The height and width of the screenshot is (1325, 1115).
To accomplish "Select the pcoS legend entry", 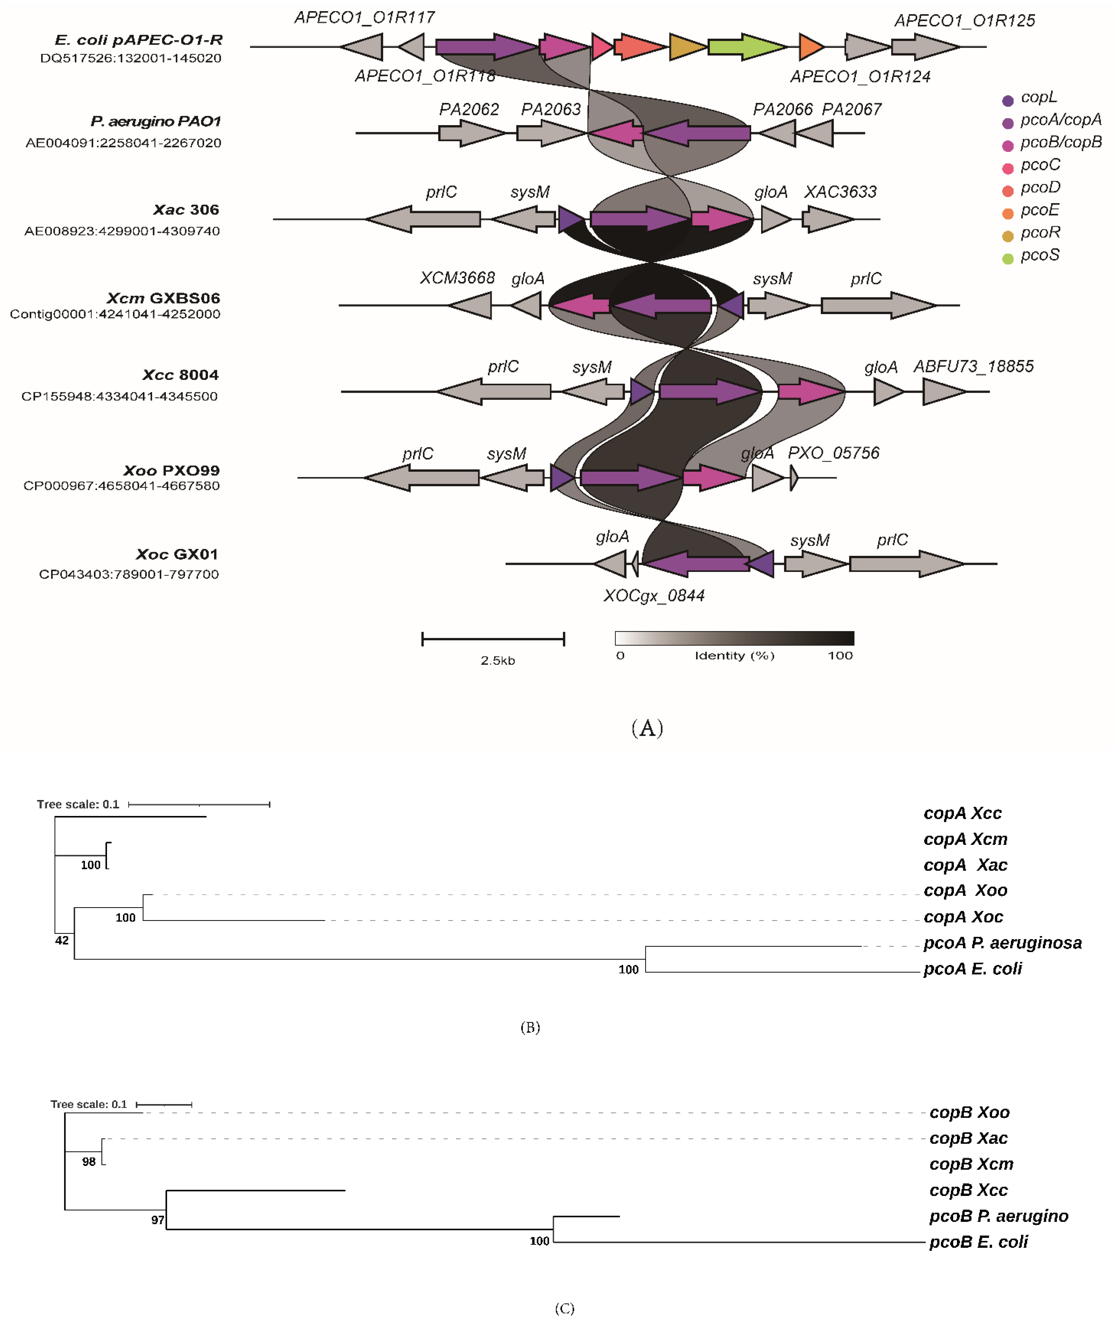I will coord(1040,255).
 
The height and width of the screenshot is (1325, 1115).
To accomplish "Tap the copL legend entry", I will coord(1038,97).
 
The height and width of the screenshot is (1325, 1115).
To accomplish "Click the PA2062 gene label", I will coord(469,109).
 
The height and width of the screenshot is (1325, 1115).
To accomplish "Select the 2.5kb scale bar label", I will coord(497,661).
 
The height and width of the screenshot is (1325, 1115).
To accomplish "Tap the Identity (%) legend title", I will coord(735,655).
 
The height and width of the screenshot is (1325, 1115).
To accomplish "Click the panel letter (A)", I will coord(647,728).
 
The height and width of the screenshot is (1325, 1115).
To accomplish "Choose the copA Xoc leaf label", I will coord(963,917).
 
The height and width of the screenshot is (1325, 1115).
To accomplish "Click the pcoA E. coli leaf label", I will coord(972,968).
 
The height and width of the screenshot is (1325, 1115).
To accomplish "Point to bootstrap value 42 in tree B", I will coord(62,940).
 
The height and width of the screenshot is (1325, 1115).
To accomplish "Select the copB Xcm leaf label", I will coord(971,1164).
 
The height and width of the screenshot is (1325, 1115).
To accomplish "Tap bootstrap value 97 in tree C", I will coord(157,1220).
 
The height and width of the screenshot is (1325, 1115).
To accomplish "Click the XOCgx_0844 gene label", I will coord(653,595).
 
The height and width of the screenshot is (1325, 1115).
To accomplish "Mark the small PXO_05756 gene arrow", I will coord(794,478).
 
